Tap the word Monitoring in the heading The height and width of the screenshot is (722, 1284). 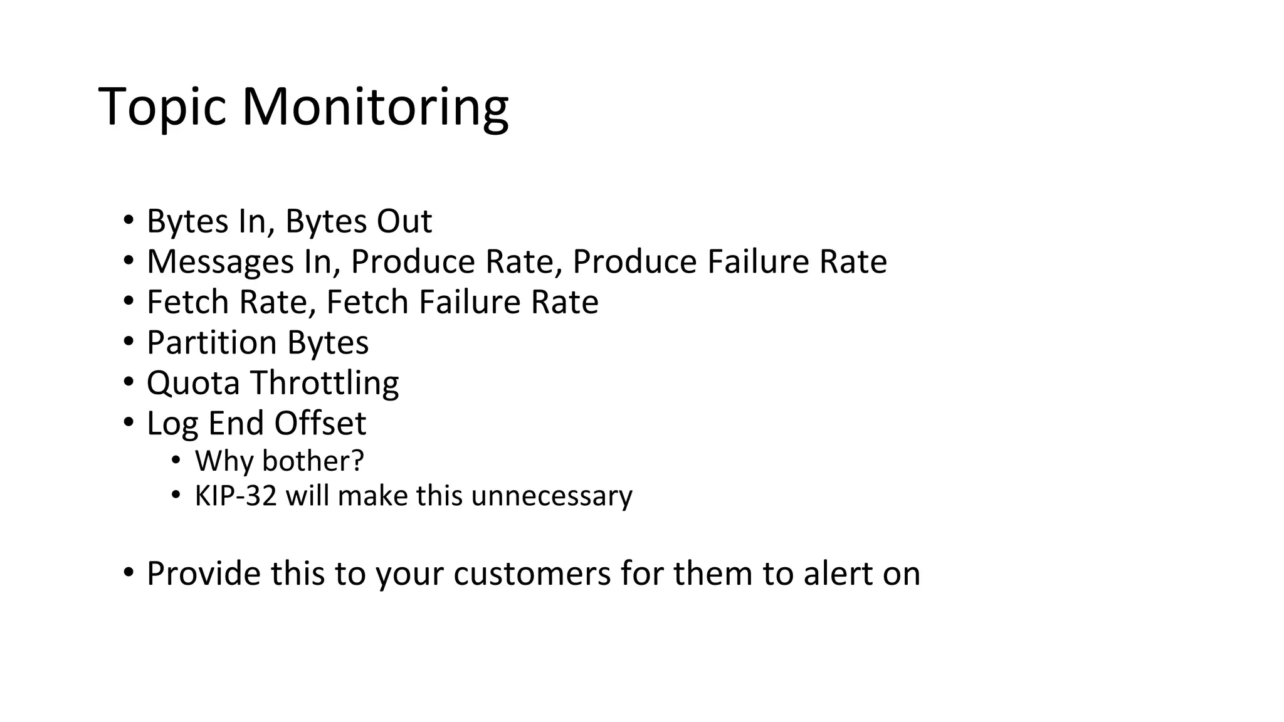[375, 108]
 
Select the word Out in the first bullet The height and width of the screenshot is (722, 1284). [404, 221]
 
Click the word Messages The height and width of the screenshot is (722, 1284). [220, 262]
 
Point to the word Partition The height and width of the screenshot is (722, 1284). [211, 343]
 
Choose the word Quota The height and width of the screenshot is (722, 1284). [193, 383]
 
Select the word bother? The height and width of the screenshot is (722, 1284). [313, 461]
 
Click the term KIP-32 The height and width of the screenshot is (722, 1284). [236, 496]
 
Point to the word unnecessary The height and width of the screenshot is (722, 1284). [552, 496]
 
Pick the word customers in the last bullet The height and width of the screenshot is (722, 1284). [532, 573]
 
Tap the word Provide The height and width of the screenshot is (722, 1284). [203, 573]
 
